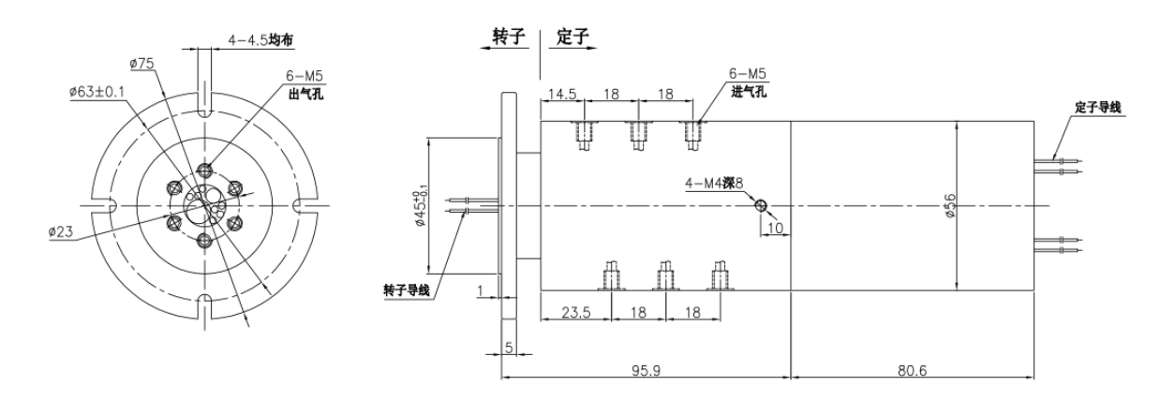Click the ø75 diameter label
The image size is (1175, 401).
click(x=141, y=62)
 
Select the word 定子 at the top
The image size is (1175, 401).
click(x=572, y=37)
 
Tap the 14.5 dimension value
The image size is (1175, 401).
click(x=562, y=95)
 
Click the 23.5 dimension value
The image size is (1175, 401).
click(x=574, y=313)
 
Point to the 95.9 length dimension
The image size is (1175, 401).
click(x=647, y=370)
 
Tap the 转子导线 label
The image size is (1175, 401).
click(x=406, y=290)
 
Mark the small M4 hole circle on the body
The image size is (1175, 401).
click(x=762, y=205)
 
